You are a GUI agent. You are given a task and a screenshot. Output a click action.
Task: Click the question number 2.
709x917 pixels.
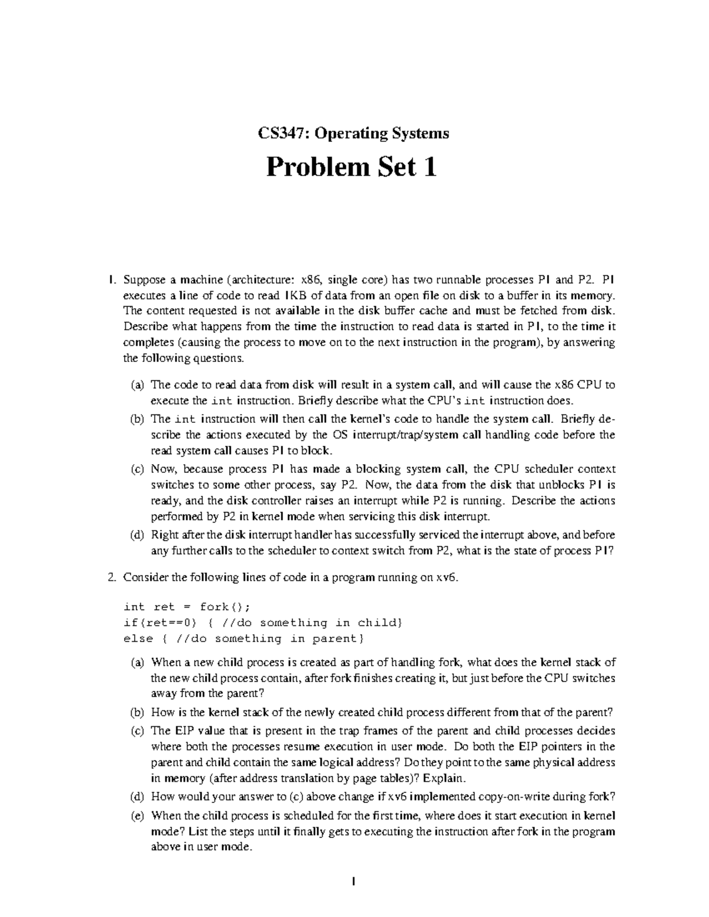coord(112,577)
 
